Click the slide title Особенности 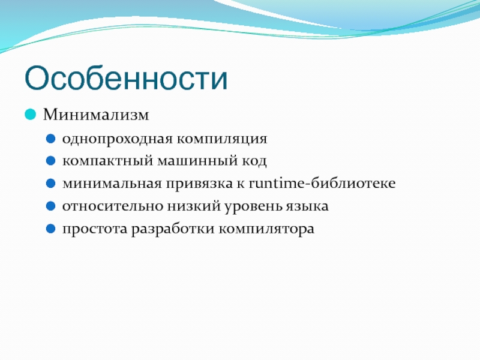click(126, 78)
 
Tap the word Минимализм click(96, 115)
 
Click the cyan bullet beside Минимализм click(31, 115)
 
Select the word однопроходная click(118, 139)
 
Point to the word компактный click(107, 161)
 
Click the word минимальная click(112, 184)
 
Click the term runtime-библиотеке click(322, 183)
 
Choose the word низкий click(193, 206)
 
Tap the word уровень click(253, 206)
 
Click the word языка click(307, 206)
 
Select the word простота click(95, 229)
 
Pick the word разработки click(173, 229)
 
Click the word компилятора click(266, 229)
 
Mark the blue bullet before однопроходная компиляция click(50, 139)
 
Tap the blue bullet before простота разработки click(50, 229)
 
